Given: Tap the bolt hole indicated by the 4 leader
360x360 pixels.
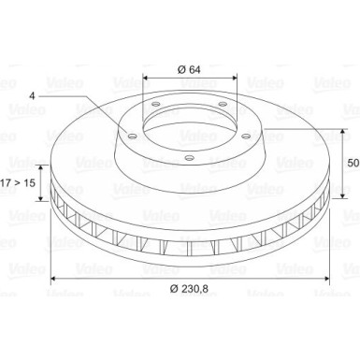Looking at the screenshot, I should pos(134,136).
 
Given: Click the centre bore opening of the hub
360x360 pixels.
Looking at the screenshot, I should pos(186,117).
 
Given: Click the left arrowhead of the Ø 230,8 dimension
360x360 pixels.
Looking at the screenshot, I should pos(52,279).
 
